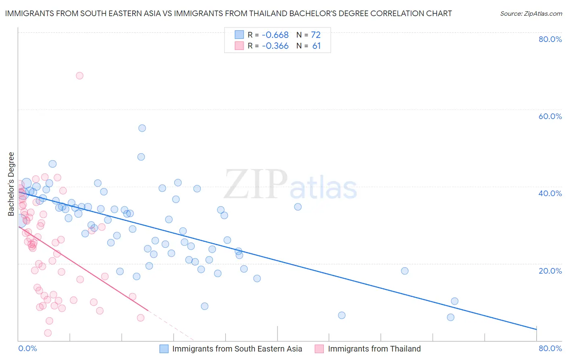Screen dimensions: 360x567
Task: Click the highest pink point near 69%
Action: coord(79,76)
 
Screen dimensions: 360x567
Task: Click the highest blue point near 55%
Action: coord(142,128)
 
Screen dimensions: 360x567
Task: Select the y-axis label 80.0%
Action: coord(550,39)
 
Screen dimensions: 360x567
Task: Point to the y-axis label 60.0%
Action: coord(550,116)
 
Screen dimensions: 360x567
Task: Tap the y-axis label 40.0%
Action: coord(550,193)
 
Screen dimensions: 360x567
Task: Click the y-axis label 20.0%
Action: coord(550,271)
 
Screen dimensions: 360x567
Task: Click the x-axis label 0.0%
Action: coord(27,348)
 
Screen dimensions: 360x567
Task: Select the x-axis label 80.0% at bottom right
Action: coord(550,348)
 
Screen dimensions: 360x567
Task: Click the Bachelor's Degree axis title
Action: coord(11,184)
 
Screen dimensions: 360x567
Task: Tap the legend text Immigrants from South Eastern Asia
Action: coord(237,349)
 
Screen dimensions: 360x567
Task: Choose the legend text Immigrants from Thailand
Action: coord(374,349)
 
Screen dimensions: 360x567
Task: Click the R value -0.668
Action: coord(275,35)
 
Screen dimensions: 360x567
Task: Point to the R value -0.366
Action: coord(275,46)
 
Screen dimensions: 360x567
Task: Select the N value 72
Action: coord(316,35)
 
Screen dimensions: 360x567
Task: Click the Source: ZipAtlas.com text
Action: coord(531,14)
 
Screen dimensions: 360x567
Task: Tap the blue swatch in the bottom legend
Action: coord(164,349)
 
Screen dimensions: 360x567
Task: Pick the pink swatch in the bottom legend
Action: coord(319,349)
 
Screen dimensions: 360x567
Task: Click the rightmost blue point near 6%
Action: coord(450,317)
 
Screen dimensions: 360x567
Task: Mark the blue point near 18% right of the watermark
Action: coord(404,271)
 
